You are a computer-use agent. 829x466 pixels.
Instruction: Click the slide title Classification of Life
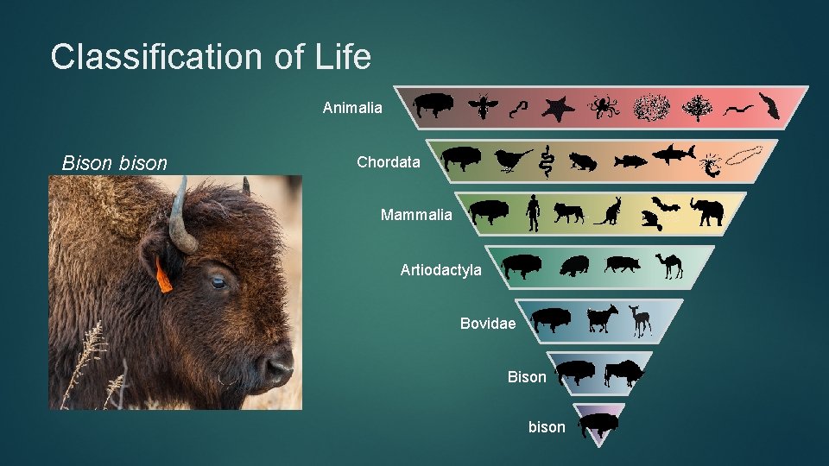coord(211,57)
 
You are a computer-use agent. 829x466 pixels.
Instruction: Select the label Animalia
coord(352,108)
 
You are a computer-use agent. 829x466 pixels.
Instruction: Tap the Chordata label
coord(389,162)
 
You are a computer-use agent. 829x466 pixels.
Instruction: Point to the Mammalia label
coord(416,215)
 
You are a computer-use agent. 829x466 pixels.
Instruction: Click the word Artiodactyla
coord(441,270)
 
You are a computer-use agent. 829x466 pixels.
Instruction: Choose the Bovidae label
coord(488,324)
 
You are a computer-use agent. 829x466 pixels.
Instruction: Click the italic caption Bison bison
coord(115,162)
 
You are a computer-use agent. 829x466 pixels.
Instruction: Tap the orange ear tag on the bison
coord(164,275)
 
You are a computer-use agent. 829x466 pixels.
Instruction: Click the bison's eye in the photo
coord(218,281)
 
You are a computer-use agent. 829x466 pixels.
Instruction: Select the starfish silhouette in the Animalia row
coord(558,108)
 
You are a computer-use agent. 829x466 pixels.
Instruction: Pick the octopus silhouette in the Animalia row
coord(604,108)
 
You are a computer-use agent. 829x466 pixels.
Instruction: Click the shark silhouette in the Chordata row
coord(674,155)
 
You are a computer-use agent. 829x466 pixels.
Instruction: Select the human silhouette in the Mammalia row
coord(533,213)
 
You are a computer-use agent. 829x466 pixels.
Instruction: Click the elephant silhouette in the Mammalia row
coord(706,211)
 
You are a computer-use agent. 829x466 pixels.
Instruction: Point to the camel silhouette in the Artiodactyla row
coord(671,266)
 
